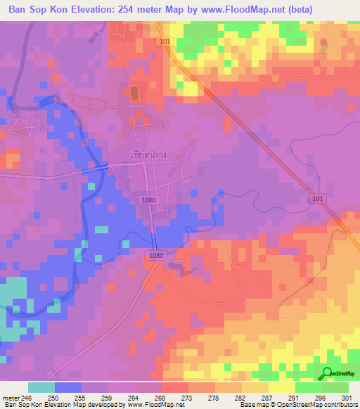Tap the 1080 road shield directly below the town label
coord(148,200)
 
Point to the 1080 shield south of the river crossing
coord(156,257)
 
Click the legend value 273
coord(186,397)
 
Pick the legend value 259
coord(106,397)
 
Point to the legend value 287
coord(266,397)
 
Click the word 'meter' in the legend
coord(11,397)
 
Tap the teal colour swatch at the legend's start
coord(41,387)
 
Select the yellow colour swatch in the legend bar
coord(281,387)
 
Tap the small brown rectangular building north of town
coord(134,93)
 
